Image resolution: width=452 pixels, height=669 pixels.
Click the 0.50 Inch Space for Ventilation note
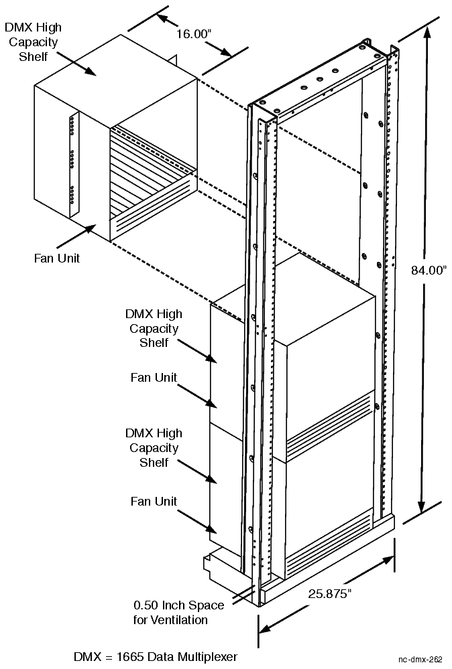[x=178, y=613]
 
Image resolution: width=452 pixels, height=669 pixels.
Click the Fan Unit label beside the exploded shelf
[x=57, y=258]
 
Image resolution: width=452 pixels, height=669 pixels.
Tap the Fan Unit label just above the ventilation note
[x=154, y=501]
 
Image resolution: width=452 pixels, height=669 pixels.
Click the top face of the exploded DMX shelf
[x=114, y=74]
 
